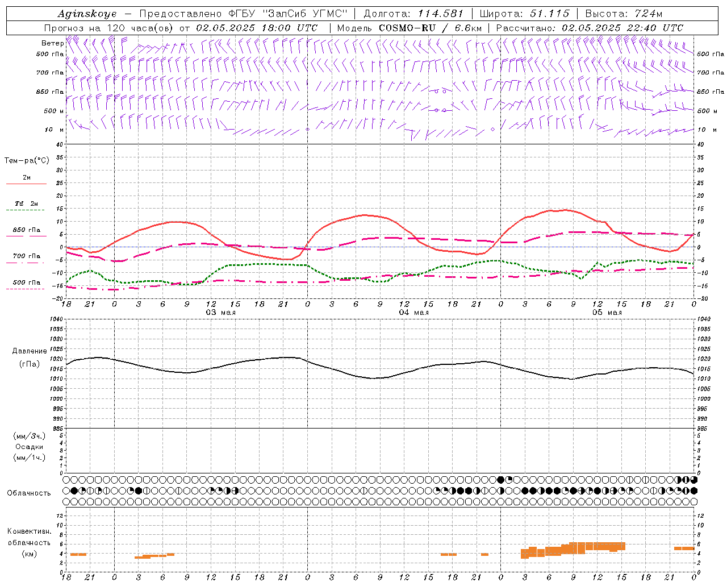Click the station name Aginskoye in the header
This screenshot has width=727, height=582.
[x=87, y=14]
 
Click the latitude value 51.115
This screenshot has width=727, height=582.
[x=549, y=14]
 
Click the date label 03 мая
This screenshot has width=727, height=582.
[x=220, y=312]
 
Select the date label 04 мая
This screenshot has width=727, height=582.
[x=413, y=312]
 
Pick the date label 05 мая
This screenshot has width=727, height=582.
[x=607, y=312]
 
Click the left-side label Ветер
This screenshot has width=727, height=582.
[x=52, y=43]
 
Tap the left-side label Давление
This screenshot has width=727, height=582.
[x=30, y=351]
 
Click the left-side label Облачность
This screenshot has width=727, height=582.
[x=29, y=493]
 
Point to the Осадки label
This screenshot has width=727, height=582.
[x=30, y=447]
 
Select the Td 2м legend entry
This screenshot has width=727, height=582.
[x=27, y=203]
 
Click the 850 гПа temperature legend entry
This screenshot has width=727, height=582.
[x=27, y=230]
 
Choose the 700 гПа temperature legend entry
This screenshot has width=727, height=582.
[x=27, y=256]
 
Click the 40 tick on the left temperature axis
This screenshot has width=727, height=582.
[x=59, y=144]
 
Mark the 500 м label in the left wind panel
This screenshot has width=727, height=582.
[x=54, y=111]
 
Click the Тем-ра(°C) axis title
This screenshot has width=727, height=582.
[x=27, y=161]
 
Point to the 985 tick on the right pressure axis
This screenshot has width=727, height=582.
[x=703, y=429]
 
